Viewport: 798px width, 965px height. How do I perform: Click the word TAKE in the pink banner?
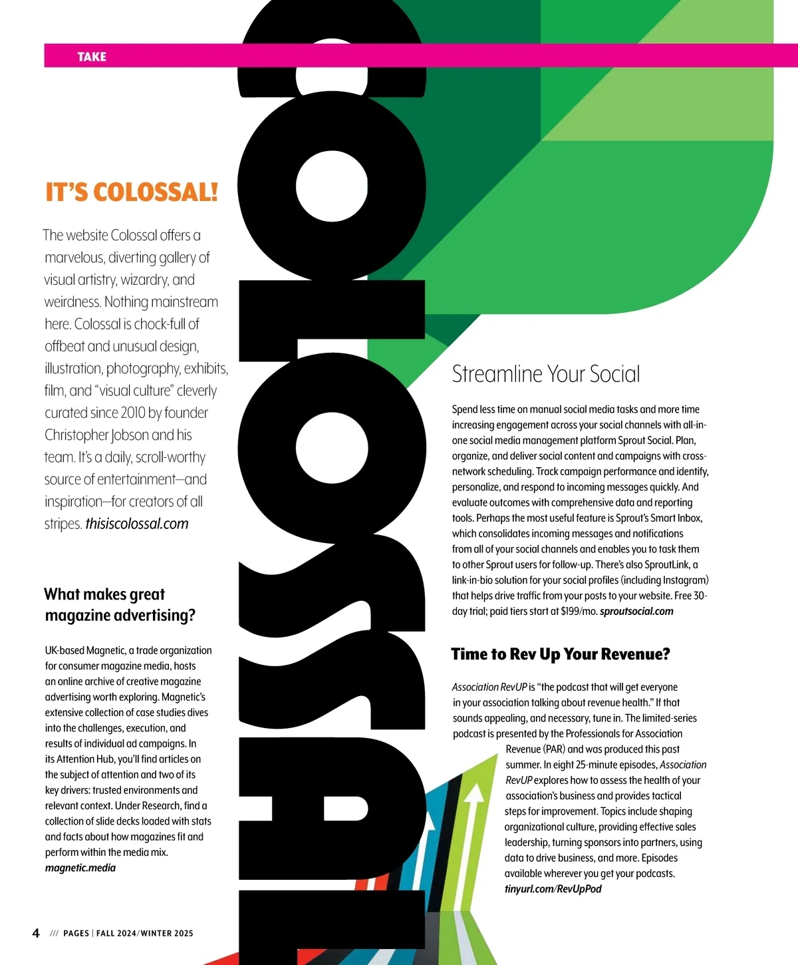point(92,57)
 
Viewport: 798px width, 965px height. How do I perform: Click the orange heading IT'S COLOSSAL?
point(132,192)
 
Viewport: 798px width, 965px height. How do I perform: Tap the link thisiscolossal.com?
point(137,524)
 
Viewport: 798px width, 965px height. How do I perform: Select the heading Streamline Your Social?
point(546,374)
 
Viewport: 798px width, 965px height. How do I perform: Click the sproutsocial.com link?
point(636,611)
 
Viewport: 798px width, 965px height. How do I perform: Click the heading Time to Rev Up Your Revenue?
point(561,654)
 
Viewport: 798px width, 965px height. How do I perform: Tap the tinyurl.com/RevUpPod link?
point(553,889)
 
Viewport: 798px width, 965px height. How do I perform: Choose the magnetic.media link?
point(80,868)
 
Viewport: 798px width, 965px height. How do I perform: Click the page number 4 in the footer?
point(36,933)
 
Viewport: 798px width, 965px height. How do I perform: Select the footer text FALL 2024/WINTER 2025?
point(145,933)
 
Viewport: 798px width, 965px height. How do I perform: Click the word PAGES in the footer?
point(76,933)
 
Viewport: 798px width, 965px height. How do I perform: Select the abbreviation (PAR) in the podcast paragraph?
point(555,749)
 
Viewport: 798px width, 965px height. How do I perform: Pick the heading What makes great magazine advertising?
point(120,605)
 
